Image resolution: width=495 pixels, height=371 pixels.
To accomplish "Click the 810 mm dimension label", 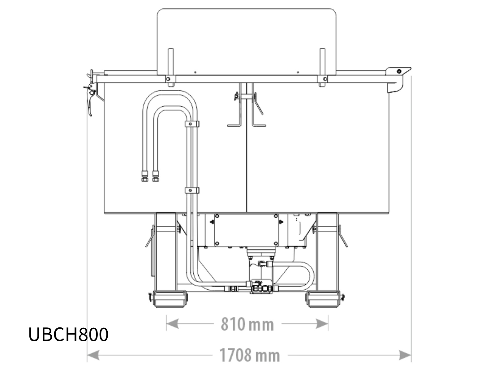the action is click(x=247, y=324).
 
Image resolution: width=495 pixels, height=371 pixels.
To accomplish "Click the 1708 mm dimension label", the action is click(x=250, y=355).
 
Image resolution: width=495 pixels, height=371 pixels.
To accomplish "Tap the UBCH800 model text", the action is click(x=68, y=335).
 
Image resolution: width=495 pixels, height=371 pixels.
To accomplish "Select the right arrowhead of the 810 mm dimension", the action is click(x=322, y=324).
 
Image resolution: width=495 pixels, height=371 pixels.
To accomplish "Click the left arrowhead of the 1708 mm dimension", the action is click(x=93, y=355).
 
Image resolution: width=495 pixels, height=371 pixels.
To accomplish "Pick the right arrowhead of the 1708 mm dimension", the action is click(x=405, y=355).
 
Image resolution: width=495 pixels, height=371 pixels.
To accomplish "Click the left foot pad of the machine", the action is click(x=170, y=299).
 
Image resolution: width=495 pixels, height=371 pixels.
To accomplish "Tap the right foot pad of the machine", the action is click(x=323, y=299).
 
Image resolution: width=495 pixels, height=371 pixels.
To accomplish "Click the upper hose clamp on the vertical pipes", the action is click(x=192, y=124).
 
